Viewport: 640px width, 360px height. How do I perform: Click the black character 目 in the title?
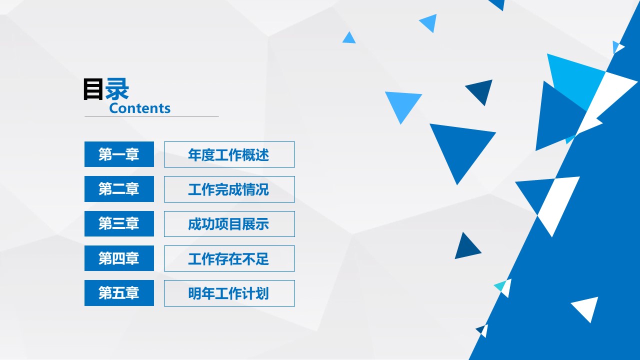[93, 90]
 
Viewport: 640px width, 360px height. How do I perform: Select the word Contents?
[139, 108]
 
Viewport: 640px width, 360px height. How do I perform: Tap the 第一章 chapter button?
[119, 154]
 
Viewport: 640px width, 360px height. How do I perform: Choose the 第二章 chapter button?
[119, 189]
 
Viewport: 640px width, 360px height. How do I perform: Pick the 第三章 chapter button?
[119, 223]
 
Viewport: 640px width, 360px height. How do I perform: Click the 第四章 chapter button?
[119, 258]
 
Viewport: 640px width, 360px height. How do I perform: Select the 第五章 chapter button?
[119, 293]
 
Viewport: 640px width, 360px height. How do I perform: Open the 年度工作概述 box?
[229, 154]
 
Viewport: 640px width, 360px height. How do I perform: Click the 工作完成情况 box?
[229, 189]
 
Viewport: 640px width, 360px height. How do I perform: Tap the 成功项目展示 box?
[229, 223]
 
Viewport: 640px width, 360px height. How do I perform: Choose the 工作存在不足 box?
[229, 258]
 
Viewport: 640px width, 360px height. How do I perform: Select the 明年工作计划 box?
[229, 293]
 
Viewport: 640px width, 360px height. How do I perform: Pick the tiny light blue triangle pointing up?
[349, 38]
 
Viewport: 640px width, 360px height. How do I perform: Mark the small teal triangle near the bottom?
[500, 286]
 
